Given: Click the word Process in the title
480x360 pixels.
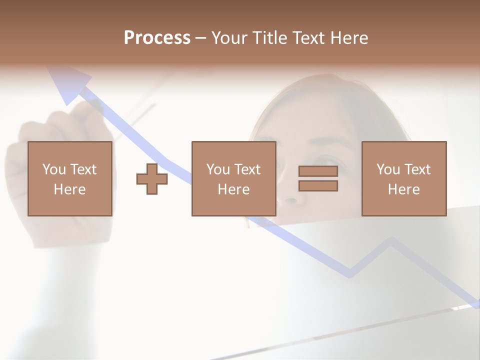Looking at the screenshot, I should [157, 38].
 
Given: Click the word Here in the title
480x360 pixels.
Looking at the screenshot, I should [348, 38].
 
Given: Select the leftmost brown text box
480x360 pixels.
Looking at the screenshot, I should [70, 178].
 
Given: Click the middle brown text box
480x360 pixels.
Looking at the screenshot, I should [233, 178].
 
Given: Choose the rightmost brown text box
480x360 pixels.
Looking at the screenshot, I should [403, 178].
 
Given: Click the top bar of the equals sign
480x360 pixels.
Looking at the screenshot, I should [318, 171].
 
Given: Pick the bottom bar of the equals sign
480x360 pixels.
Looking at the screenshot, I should [318, 185].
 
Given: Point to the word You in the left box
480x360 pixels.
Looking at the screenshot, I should [54, 169].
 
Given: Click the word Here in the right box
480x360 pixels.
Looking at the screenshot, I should [403, 189].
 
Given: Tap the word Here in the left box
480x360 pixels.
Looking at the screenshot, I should [70, 189].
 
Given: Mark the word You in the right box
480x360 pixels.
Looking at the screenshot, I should [388, 169].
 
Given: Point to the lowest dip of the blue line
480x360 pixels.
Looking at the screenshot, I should [350, 274].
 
